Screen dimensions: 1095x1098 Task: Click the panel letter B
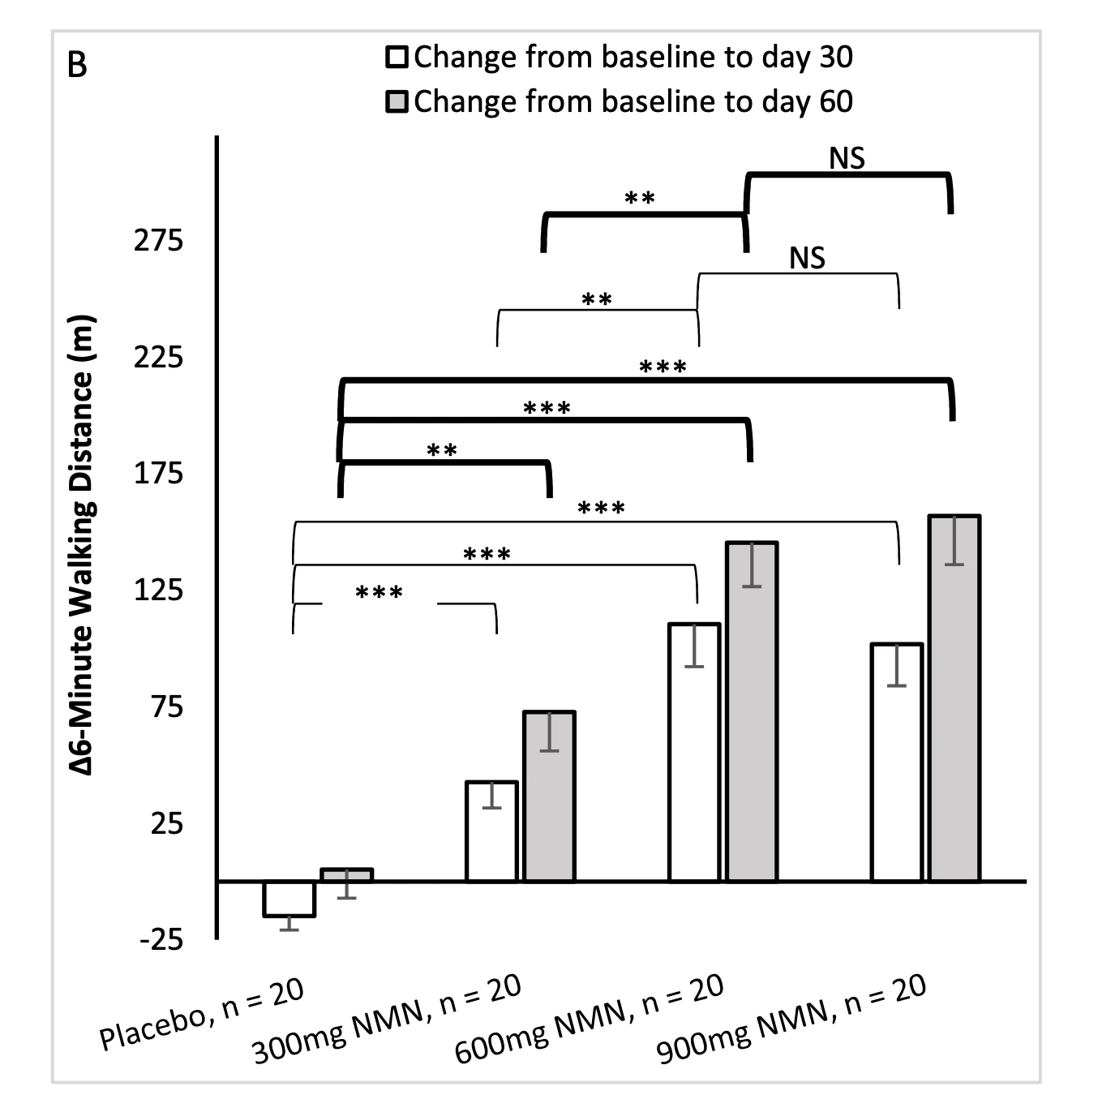pyautogui.click(x=77, y=65)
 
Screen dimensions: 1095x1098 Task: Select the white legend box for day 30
pyautogui.click(x=397, y=58)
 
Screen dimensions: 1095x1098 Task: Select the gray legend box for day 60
pyautogui.click(x=397, y=102)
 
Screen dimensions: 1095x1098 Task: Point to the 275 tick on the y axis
pyautogui.click(x=159, y=240)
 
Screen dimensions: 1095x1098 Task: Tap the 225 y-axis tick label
pyautogui.click(x=159, y=357)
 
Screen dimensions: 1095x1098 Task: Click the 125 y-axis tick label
pyautogui.click(x=159, y=590)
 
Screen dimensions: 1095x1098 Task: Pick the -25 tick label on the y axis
pyautogui.click(x=162, y=941)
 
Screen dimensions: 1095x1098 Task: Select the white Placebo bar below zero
pyautogui.click(x=289, y=899)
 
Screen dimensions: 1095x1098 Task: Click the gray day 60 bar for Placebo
pyautogui.click(x=347, y=875)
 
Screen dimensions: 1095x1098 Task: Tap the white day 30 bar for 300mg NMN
pyautogui.click(x=491, y=831)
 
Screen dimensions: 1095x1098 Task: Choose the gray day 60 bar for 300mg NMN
pyautogui.click(x=550, y=797)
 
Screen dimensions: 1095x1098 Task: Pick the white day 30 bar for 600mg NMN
pyautogui.click(x=694, y=752)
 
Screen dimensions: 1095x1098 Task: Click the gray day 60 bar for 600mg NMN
pyautogui.click(x=753, y=711)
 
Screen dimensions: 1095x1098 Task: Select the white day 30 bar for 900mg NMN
pyautogui.click(x=897, y=762)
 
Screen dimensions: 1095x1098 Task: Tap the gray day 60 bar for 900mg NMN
pyautogui.click(x=955, y=698)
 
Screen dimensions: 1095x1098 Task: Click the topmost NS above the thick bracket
pyautogui.click(x=847, y=159)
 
